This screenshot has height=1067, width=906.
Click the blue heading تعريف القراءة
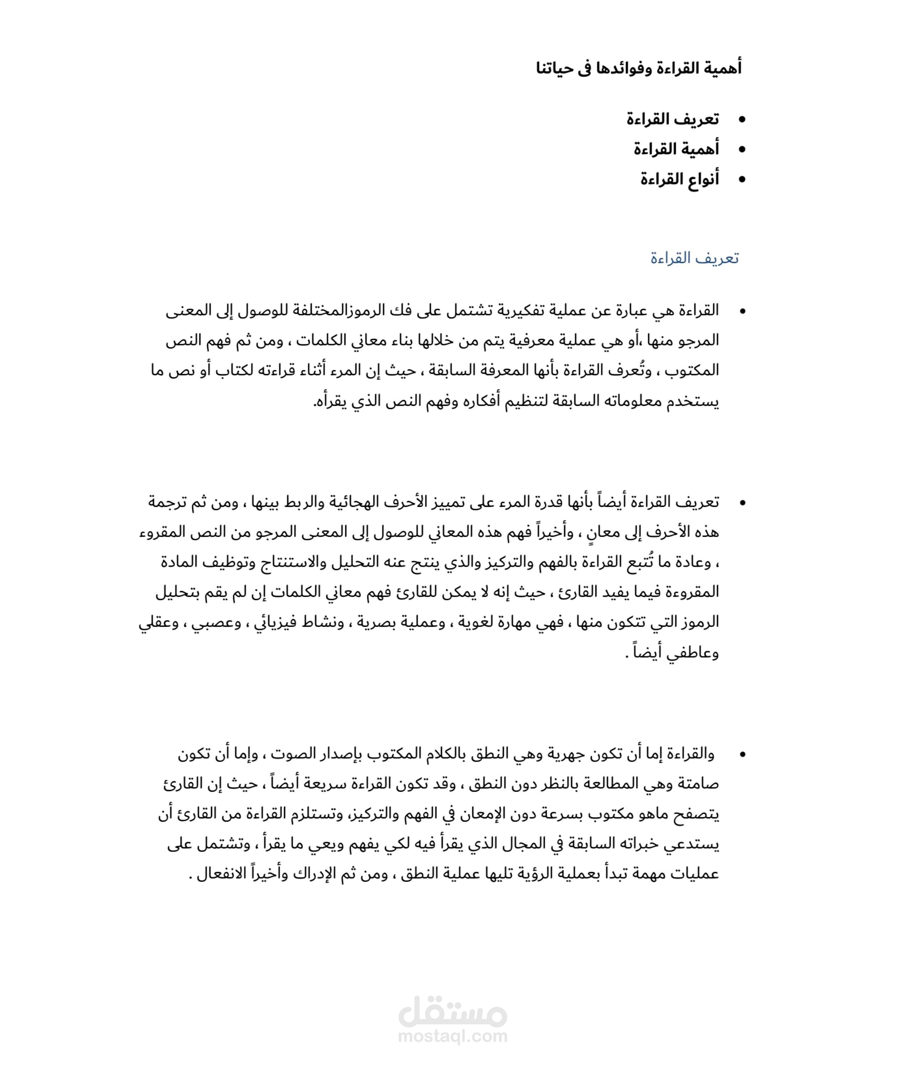click(x=694, y=258)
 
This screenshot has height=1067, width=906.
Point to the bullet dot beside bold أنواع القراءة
click(x=741, y=180)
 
